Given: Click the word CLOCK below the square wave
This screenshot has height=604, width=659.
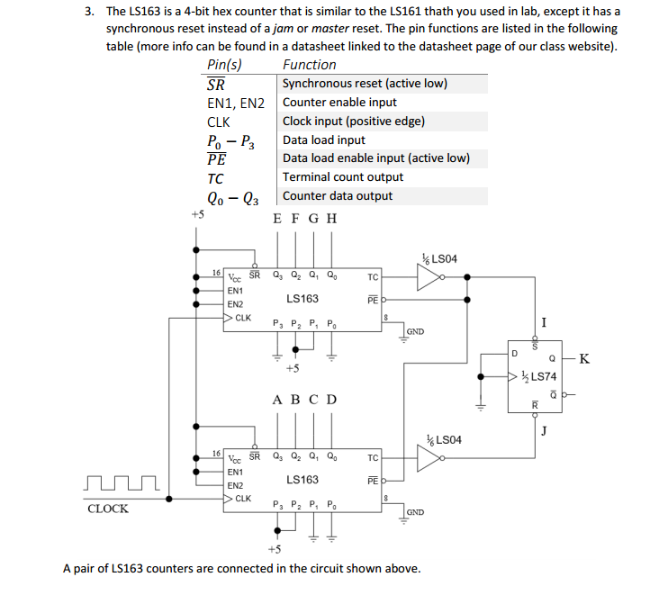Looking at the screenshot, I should click(107, 509).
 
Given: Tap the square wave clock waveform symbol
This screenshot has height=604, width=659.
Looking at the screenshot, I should click(120, 486).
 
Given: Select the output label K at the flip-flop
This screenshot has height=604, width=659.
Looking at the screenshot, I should click(585, 359).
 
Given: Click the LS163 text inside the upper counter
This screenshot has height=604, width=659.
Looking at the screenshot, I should click(302, 299).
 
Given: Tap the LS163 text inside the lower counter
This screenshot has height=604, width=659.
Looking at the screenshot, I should click(302, 480).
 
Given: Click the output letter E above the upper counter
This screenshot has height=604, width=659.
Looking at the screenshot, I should click(276, 218).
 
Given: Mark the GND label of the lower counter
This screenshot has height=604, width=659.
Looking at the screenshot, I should click(415, 511).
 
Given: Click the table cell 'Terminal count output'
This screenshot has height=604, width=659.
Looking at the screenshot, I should click(343, 177).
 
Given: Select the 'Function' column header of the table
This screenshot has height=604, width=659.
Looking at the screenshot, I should click(309, 65).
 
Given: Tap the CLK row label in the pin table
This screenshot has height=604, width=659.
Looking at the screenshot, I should click(218, 122).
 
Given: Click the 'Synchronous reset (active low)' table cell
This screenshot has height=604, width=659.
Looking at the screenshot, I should click(365, 84).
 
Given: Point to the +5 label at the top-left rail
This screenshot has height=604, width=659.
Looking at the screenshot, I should click(197, 215).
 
